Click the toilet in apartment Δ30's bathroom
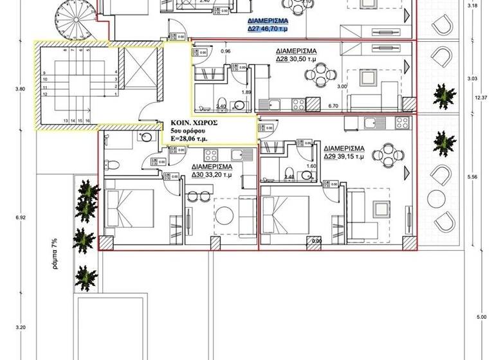coord(111,163)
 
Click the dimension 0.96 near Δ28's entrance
coord(225,51)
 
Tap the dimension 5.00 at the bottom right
coord(481,317)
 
